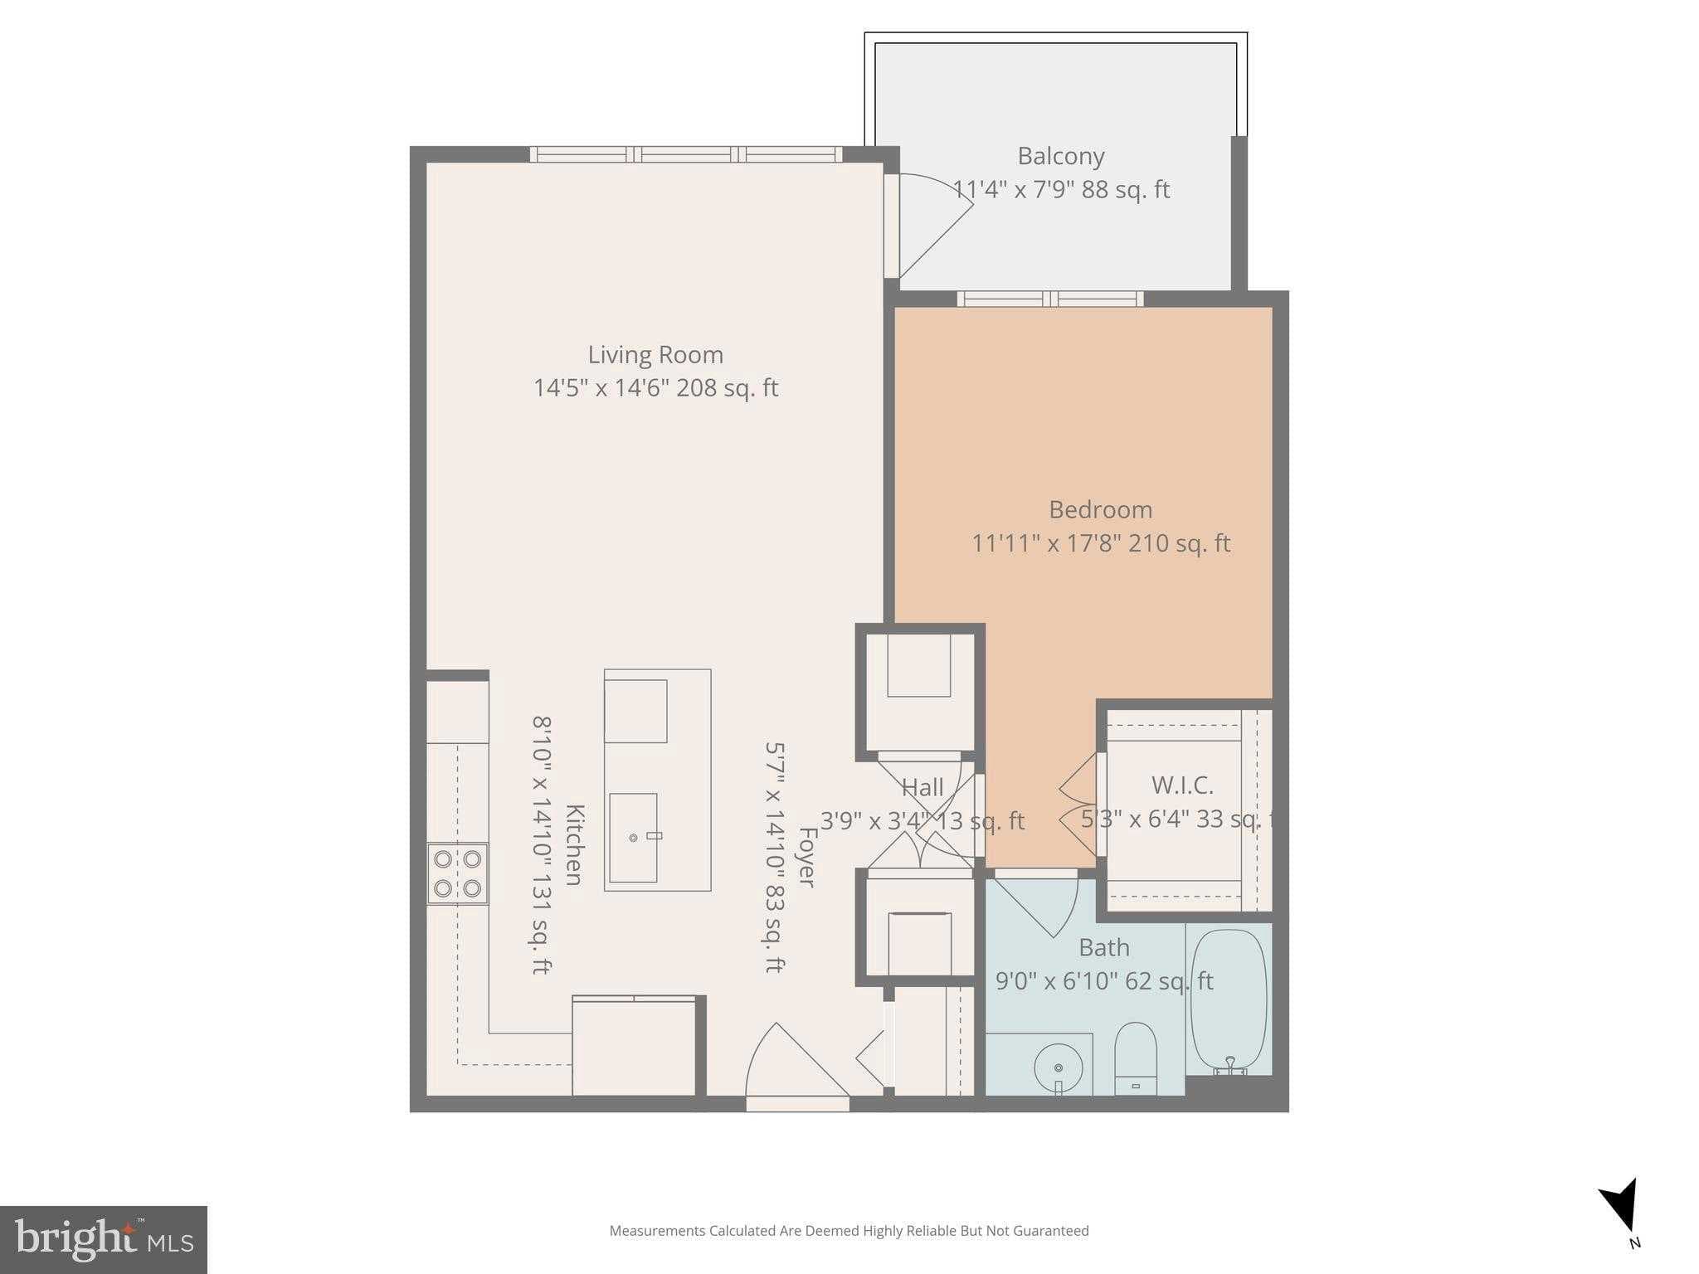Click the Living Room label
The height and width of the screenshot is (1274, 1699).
pyautogui.click(x=655, y=355)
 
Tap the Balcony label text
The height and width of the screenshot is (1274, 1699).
pyautogui.click(x=1060, y=156)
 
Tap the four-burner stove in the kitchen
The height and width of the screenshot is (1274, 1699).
pyautogui.click(x=457, y=873)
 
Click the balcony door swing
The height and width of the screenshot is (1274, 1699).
pyautogui.click(x=933, y=224)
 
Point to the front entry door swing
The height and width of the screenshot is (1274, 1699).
pyautogui.click(x=792, y=1066)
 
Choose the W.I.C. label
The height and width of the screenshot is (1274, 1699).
pyautogui.click(x=1182, y=785)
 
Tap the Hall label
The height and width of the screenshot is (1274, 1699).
pyautogui.click(x=923, y=787)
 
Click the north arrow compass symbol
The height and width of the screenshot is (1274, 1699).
pyautogui.click(x=1622, y=1206)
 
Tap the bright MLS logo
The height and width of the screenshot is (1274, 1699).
pyautogui.click(x=103, y=1239)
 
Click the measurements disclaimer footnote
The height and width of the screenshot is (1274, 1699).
pyautogui.click(x=849, y=1231)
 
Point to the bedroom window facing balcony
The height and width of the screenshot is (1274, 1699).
pyautogui.click(x=1049, y=299)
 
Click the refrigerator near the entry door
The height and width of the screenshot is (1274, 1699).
pyautogui.click(x=635, y=1047)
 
